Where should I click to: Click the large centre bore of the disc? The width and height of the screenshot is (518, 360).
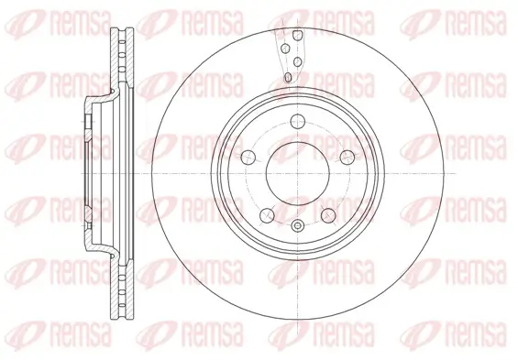(x=296, y=174)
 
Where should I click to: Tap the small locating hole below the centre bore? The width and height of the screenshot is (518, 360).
(x=296, y=225)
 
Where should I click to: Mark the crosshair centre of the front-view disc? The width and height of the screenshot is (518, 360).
(x=296, y=174)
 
